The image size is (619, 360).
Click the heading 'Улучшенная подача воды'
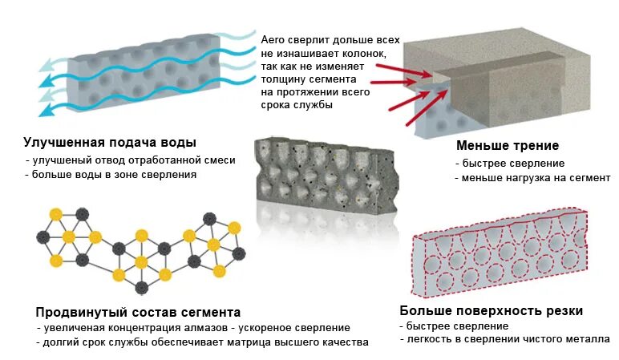pos(110,143)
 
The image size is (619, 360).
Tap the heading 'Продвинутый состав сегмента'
pos(138,312)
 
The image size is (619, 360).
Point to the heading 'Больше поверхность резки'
pos(491,311)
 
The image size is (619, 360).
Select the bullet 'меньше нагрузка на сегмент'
pos(534,178)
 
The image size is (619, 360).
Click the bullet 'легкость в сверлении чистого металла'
pos(508,341)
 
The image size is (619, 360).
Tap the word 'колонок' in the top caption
pos(366,52)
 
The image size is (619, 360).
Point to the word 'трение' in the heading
pos(532,146)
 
